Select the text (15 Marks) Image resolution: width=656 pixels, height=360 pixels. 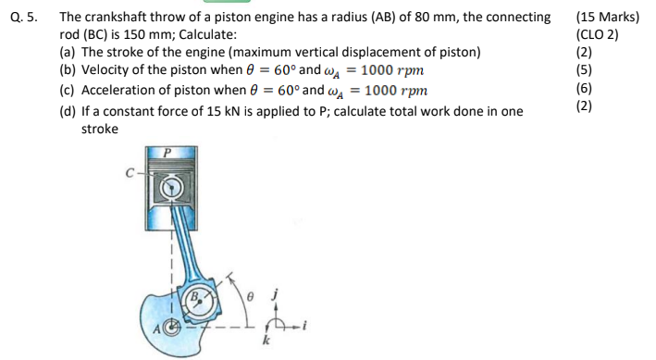pyautogui.click(x=607, y=17)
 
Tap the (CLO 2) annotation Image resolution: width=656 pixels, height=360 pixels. pyautogui.click(x=599, y=34)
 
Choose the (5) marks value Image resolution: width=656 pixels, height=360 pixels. pyautogui.click(x=584, y=69)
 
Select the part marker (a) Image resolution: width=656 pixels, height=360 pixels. pyautogui.click(x=68, y=52)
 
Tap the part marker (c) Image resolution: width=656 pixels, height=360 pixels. pyautogui.click(x=68, y=91)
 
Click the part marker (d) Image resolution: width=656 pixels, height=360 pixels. pyautogui.click(x=68, y=111)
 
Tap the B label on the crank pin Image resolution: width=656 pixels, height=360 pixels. pyautogui.click(x=195, y=299)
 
